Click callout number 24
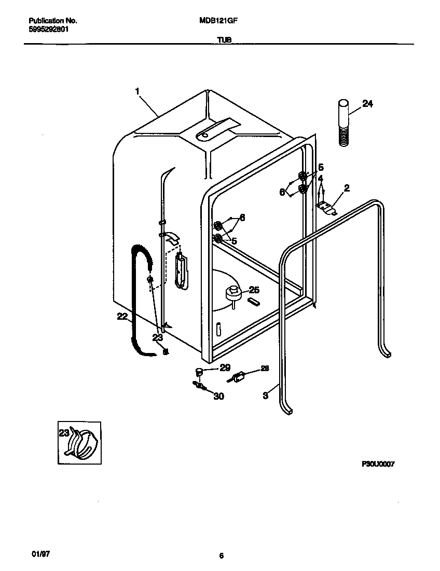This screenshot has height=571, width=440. tap(367, 104)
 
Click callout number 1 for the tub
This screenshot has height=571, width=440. tap(137, 91)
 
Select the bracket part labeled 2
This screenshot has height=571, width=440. tap(325, 207)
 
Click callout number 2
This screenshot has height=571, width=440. tap(347, 188)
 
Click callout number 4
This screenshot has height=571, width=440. tap(321, 178)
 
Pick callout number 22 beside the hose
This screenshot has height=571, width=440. tap(122, 317)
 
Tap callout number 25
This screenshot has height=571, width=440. tap(254, 290)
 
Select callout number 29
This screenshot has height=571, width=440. tap(225, 368)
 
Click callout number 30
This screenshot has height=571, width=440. tap(218, 396)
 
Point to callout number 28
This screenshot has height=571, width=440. tap(265, 369)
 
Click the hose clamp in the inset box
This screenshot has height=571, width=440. tap(83, 442)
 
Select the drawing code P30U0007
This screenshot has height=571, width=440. tap(378, 465)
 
